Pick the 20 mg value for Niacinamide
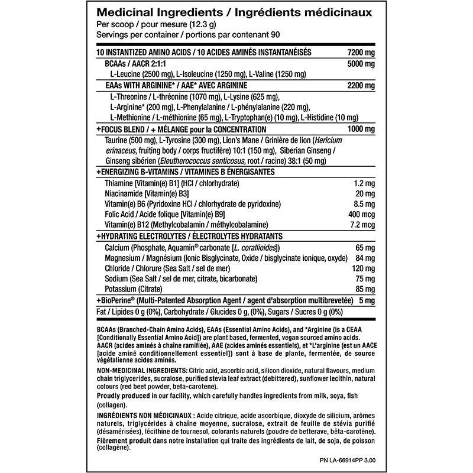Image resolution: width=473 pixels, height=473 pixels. [x=365, y=193]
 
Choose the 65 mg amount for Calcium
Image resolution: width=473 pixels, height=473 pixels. [x=365, y=248]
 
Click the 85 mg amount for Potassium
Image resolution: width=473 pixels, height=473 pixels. [x=365, y=290]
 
